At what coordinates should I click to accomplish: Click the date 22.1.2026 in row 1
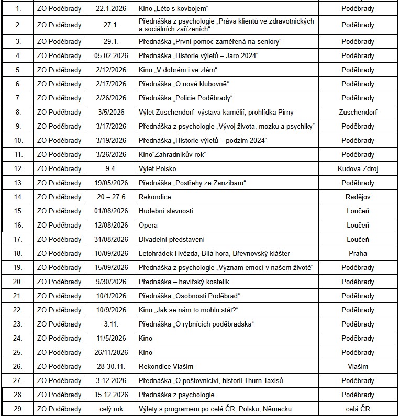[x=111, y=9]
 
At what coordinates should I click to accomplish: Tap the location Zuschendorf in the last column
[x=358, y=112]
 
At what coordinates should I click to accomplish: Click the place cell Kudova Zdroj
[x=358, y=168]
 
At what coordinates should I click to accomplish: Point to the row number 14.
[x=18, y=197]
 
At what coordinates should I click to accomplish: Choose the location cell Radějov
[x=358, y=197]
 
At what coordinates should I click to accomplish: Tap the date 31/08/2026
[x=111, y=239]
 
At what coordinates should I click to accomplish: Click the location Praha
[x=358, y=253]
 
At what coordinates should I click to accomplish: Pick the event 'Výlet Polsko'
[x=158, y=168]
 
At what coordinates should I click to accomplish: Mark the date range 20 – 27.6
[x=111, y=197]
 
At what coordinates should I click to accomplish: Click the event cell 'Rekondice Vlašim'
[x=166, y=366]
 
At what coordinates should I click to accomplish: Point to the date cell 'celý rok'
[x=111, y=409]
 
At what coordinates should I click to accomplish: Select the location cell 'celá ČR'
[x=358, y=409]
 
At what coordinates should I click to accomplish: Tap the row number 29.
[x=18, y=409]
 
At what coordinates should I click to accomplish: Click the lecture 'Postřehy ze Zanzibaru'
[x=192, y=183]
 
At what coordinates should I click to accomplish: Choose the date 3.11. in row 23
[x=111, y=324]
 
